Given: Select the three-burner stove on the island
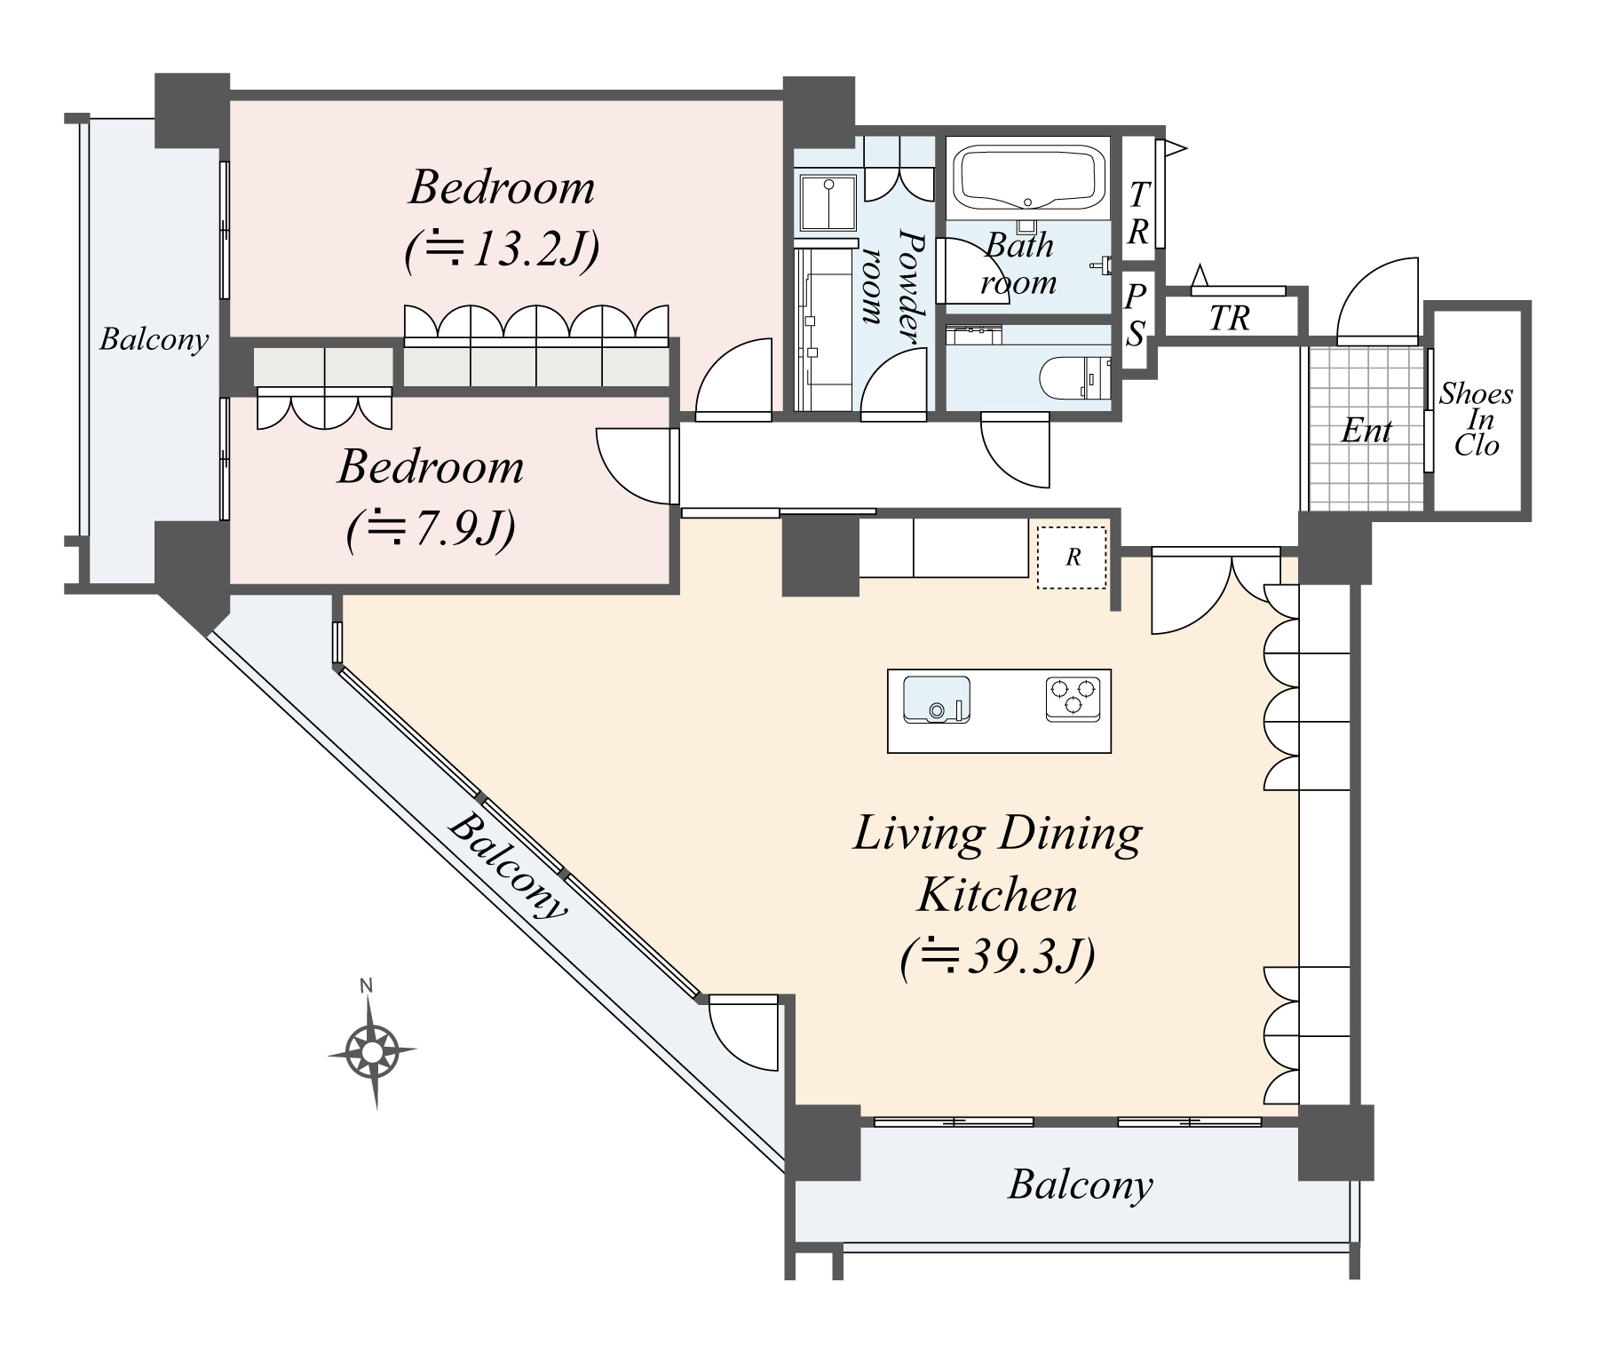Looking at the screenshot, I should point(1073,697).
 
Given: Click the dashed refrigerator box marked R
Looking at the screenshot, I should point(1073,558).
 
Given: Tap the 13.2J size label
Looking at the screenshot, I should point(503,250).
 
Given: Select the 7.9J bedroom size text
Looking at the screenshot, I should point(431,530).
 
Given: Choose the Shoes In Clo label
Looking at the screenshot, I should point(1476,419).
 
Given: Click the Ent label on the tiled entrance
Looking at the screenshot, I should point(1366,432).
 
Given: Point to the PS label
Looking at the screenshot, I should point(1136,315).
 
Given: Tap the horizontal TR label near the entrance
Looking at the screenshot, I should point(1229,319).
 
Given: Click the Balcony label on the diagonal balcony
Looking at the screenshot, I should point(507,866).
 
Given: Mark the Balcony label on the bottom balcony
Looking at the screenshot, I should point(1080,1184).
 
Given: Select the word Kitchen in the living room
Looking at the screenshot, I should point(997,894).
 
